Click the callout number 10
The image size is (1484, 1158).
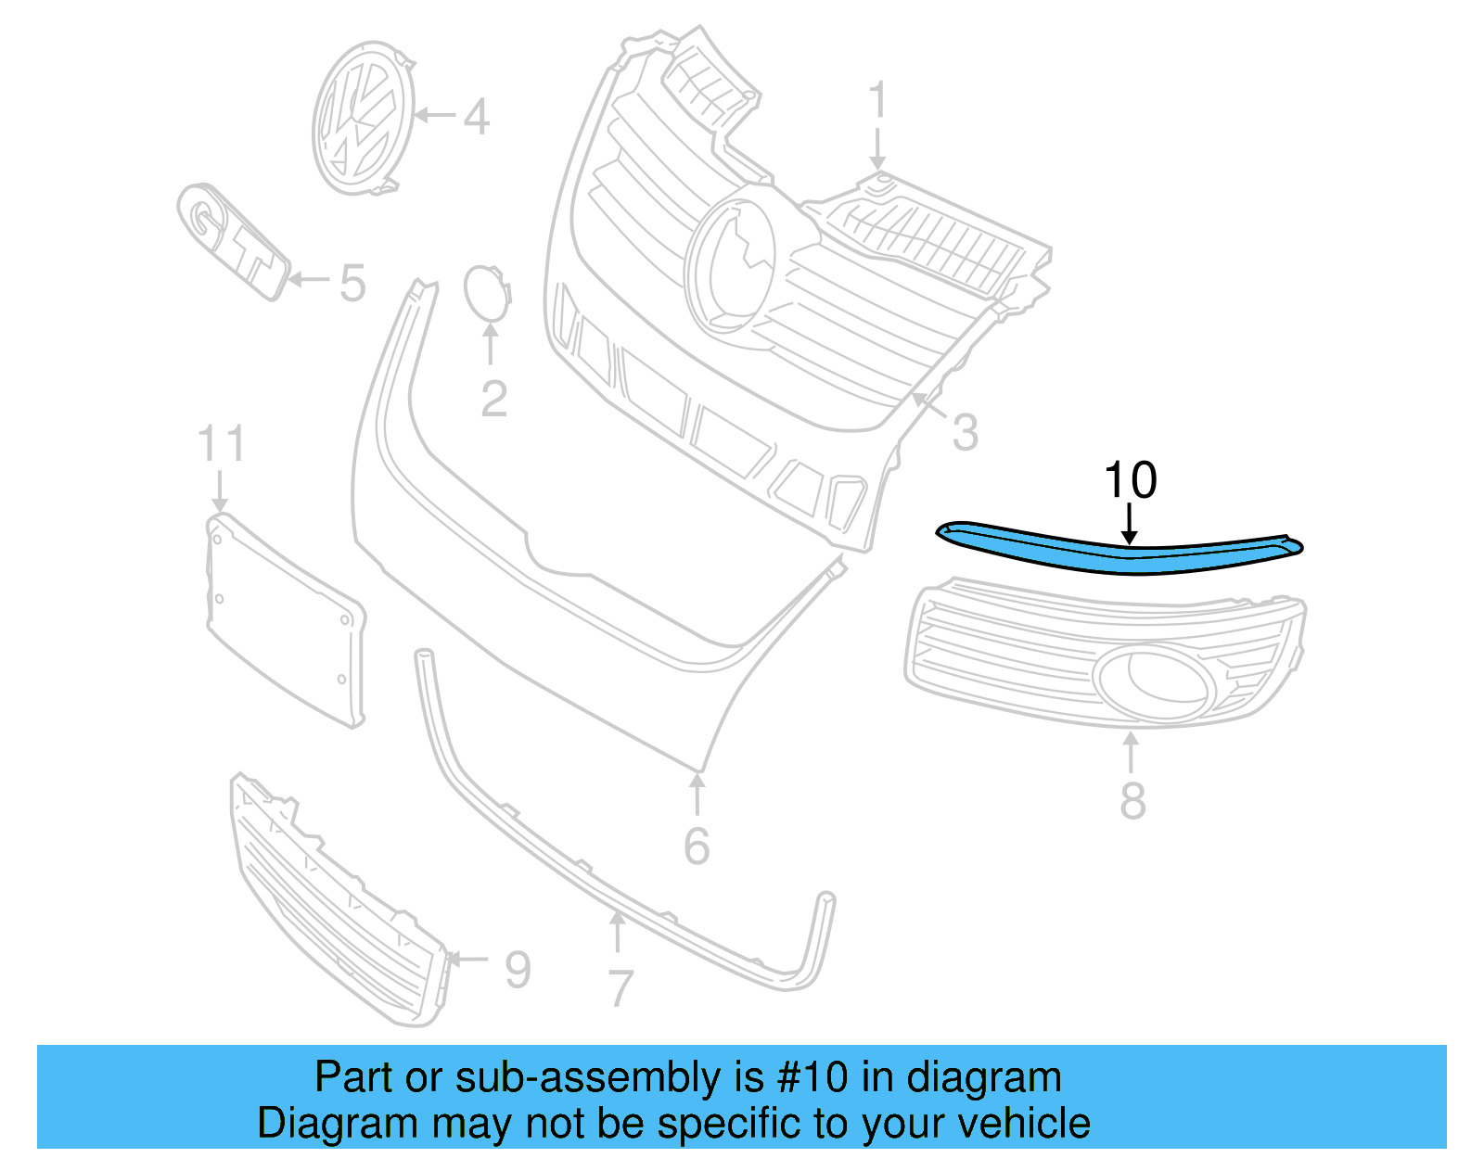[1130, 480]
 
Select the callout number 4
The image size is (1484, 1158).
[476, 117]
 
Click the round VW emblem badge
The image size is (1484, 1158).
[363, 117]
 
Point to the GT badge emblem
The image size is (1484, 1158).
[232, 241]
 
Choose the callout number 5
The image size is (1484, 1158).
[352, 283]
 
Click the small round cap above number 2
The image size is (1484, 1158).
[486, 292]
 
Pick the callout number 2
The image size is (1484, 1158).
[493, 399]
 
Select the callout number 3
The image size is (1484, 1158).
[965, 433]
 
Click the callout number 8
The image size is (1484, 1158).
[1132, 800]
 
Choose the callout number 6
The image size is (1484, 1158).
[697, 846]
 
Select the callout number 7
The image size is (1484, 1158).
[620, 988]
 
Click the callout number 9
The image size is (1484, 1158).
[518, 970]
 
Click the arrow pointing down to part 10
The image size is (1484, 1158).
[1129, 524]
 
